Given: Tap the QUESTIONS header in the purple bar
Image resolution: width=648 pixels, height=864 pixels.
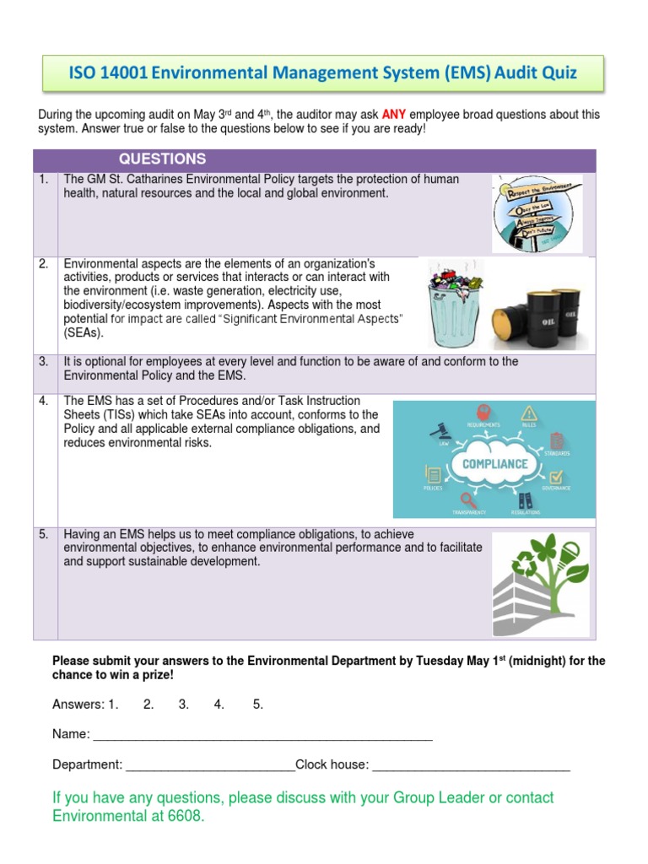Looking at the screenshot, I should [x=162, y=159].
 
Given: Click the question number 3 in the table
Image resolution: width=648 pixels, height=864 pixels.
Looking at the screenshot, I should [x=43, y=361].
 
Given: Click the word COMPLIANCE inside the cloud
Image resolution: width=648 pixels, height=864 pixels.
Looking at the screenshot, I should [x=494, y=463].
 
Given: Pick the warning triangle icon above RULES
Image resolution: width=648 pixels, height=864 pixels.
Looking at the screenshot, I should [x=529, y=413].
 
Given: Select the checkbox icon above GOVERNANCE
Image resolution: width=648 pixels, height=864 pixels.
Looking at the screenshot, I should [x=555, y=477].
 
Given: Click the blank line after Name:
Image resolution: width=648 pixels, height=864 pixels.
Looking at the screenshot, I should [x=262, y=735].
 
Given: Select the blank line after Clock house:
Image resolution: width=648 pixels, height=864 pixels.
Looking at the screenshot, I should [x=471, y=765].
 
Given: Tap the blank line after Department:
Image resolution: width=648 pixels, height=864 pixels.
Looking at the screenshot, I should [x=209, y=765].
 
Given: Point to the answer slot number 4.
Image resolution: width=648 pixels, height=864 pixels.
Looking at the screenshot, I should [x=219, y=705].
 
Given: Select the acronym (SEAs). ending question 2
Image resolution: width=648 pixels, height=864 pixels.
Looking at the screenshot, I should [x=84, y=332].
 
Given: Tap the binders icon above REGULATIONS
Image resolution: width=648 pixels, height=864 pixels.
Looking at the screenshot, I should [x=526, y=499].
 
